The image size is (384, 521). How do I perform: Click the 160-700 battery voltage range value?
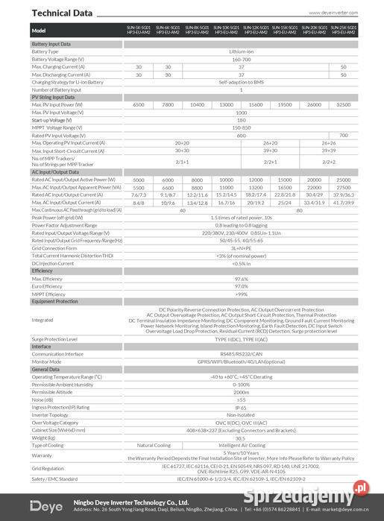pos(241,58)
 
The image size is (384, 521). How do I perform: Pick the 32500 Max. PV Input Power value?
pos(343,104)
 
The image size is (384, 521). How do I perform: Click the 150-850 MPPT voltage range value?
pos(241,127)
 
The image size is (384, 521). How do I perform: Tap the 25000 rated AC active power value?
pos(343,180)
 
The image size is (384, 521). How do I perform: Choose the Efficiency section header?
pos(43,271)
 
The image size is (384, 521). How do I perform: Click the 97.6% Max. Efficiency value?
pos(241,278)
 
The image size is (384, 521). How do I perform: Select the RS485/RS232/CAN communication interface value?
pos(241,354)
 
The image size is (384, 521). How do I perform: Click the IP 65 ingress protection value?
pos(241,407)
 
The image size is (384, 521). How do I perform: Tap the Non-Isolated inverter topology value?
pos(241,414)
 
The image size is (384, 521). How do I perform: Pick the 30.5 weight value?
pos(241,438)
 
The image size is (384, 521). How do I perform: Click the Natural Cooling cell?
pos(154,445)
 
